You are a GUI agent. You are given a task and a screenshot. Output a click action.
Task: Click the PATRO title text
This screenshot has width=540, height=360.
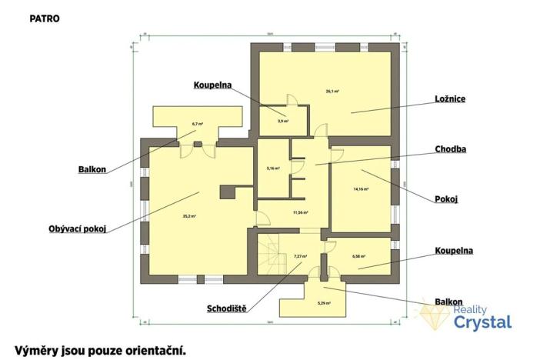[x=44, y=17]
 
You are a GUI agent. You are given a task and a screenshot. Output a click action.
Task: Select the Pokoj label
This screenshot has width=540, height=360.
[x=446, y=198]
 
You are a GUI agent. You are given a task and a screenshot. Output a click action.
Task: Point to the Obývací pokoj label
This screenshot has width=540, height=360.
[x=77, y=228]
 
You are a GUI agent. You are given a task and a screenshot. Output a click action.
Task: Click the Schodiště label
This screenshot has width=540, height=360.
[x=226, y=309]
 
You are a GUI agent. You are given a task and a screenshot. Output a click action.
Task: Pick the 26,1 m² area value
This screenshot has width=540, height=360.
[x=332, y=91]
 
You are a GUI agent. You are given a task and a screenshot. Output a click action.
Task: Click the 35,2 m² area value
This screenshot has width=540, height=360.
[x=188, y=217]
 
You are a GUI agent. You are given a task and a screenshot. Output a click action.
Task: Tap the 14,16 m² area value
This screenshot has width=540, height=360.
[x=361, y=188]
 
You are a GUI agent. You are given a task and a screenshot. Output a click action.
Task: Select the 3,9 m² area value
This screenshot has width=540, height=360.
[x=282, y=121]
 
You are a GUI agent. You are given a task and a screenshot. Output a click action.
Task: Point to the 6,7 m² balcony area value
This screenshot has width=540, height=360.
[x=197, y=123]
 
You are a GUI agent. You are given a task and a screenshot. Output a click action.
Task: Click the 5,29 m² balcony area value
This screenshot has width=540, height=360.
[x=323, y=303]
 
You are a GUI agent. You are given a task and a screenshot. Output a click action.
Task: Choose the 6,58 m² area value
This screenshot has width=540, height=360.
[x=358, y=257]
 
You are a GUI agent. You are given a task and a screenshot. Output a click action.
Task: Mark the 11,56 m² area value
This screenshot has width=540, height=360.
[x=300, y=212]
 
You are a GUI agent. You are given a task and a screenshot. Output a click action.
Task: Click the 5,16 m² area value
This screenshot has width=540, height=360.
[x=272, y=168]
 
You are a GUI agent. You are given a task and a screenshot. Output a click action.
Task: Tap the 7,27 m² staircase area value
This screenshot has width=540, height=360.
[x=300, y=256]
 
